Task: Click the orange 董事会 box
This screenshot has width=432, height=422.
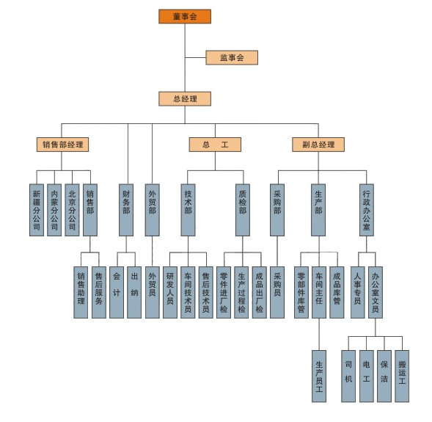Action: click(185, 17)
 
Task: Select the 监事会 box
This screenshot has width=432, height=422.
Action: click(232, 57)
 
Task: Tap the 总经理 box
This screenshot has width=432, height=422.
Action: click(185, 98)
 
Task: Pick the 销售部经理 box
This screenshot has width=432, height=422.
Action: click(62, 145)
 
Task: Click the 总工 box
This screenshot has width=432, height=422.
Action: click(215, 145)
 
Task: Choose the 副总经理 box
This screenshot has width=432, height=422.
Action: click(318, 145)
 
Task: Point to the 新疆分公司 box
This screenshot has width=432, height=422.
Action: click(37, 210)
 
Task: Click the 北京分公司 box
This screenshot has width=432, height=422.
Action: click(72, 210)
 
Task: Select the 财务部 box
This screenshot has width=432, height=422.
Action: click(126, 210)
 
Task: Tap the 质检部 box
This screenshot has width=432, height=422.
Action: click(243, 210)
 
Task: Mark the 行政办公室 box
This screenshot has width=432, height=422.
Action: click(367, 210)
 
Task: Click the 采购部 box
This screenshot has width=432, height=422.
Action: click(277, 210)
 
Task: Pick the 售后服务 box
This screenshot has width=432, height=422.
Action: click(99, 292)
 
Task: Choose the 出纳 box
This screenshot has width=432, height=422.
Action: click(134, 292)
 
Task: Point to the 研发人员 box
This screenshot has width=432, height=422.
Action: click(170, 292)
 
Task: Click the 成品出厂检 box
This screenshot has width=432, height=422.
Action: click(259, 292)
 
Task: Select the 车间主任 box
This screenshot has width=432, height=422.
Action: click(319, 292)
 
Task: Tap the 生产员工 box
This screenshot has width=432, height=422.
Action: click(319, 376)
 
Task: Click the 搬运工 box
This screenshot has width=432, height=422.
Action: click(402, 376)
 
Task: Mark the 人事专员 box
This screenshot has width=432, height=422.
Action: click(358, 292)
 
